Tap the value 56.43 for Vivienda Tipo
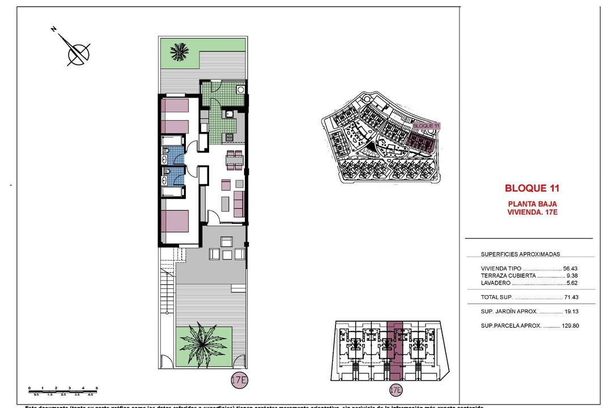pyautogui.click(x=570, y=269)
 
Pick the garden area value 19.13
pyautogui.click(x=571, y=311)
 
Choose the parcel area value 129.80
pyautogui.click(x=569, y=326)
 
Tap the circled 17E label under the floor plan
pyautogui.click(x=239, y=380)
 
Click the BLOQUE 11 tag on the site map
pyautogui.click(x=426, y=126)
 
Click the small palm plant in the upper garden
pyautogui.click(x=180, y=52)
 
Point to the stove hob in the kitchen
pyautogui.click(x=229, y=137)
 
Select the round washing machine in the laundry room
pyautogui.click(x=241, y=90)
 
